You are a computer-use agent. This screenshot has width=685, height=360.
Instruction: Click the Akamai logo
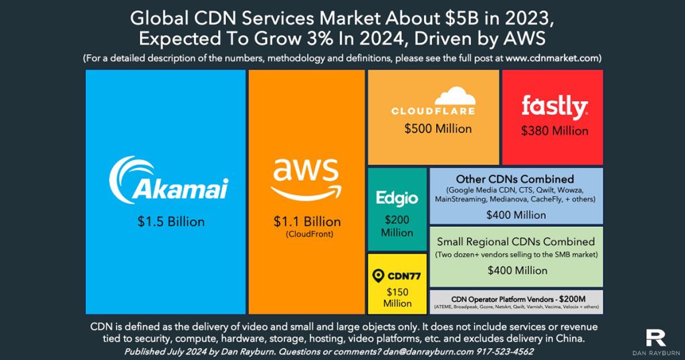[168, 179]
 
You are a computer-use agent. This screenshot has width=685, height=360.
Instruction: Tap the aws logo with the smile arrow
[306, 180]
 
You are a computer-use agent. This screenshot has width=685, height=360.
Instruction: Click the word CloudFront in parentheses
[306, 234]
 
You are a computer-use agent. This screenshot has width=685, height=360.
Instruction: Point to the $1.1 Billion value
[306, 221]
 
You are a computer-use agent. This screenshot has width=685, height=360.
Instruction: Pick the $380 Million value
[555, 130]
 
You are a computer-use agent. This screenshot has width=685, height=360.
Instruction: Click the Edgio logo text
[397, 198]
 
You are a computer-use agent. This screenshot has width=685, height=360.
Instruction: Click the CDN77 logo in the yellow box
[397, 275]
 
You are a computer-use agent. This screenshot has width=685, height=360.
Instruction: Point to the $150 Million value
[397, 297]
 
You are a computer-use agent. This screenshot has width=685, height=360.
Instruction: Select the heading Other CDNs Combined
[515, 179]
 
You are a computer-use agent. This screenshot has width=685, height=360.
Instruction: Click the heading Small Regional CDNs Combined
[515, 241]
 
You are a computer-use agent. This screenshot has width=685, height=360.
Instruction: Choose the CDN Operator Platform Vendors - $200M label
[515, 297]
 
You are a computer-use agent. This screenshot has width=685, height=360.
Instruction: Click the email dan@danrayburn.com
[425, 351]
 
